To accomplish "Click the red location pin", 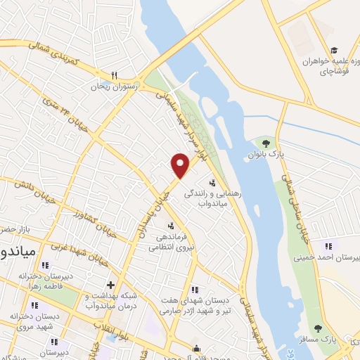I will click(181, 165).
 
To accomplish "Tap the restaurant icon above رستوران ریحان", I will click(114, 77).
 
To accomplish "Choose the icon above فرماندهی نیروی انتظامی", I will click(170, 225).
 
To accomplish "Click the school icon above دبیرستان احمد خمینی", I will click(327, 245).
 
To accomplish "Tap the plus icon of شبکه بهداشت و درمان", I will click(110, 284).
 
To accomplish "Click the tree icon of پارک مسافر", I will click(318, 328).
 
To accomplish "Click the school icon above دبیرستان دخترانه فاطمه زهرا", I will click(46, 265).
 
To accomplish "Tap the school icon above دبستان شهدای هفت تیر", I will click(195, 289).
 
